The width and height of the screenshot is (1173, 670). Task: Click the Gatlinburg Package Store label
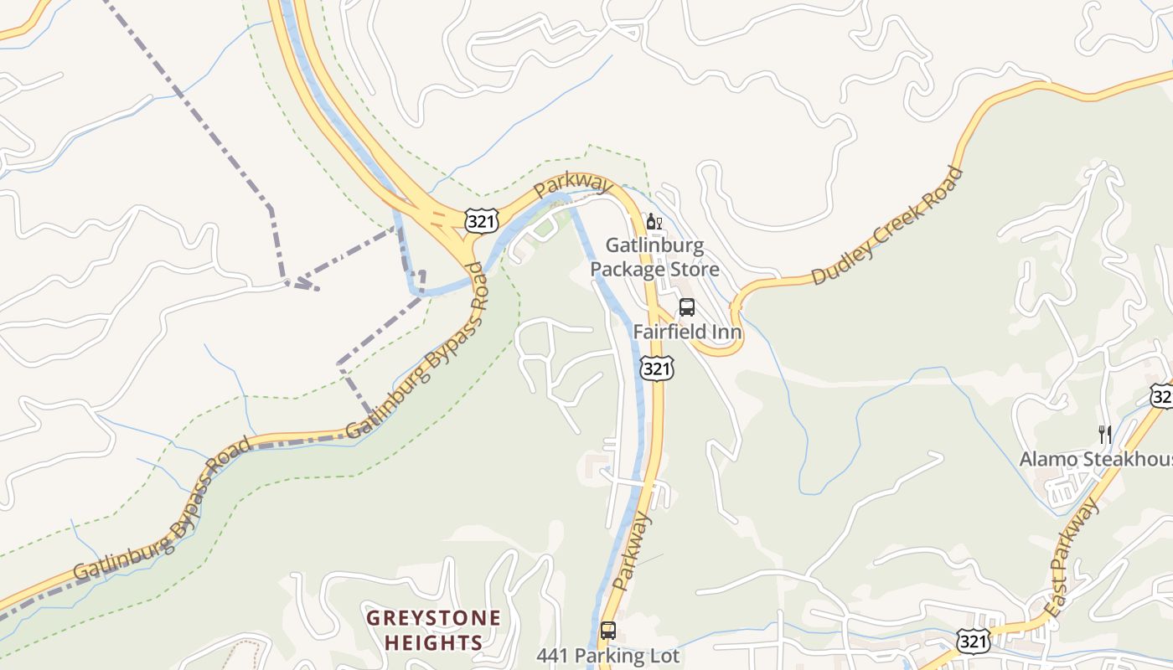[654, 257]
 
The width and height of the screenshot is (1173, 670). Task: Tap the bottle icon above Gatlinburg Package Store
[654, 222]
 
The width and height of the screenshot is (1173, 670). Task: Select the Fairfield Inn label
[687, 332]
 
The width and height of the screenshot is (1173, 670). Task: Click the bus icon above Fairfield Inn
[687, 307]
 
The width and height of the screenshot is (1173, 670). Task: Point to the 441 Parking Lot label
[607, 655]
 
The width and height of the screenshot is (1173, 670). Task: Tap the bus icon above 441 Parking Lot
[608, 631]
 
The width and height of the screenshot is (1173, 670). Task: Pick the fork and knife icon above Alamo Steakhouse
[1105, 434]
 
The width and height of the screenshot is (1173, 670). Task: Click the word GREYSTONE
[434, 619]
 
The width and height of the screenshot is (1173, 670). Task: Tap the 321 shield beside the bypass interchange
[481, 221]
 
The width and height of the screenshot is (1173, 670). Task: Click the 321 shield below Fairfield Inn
[655, 368]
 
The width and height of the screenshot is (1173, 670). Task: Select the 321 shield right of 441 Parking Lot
[973, 642]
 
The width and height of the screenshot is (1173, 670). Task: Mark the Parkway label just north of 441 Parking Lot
[632, 553]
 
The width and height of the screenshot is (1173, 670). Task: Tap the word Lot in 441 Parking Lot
[664, 655]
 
